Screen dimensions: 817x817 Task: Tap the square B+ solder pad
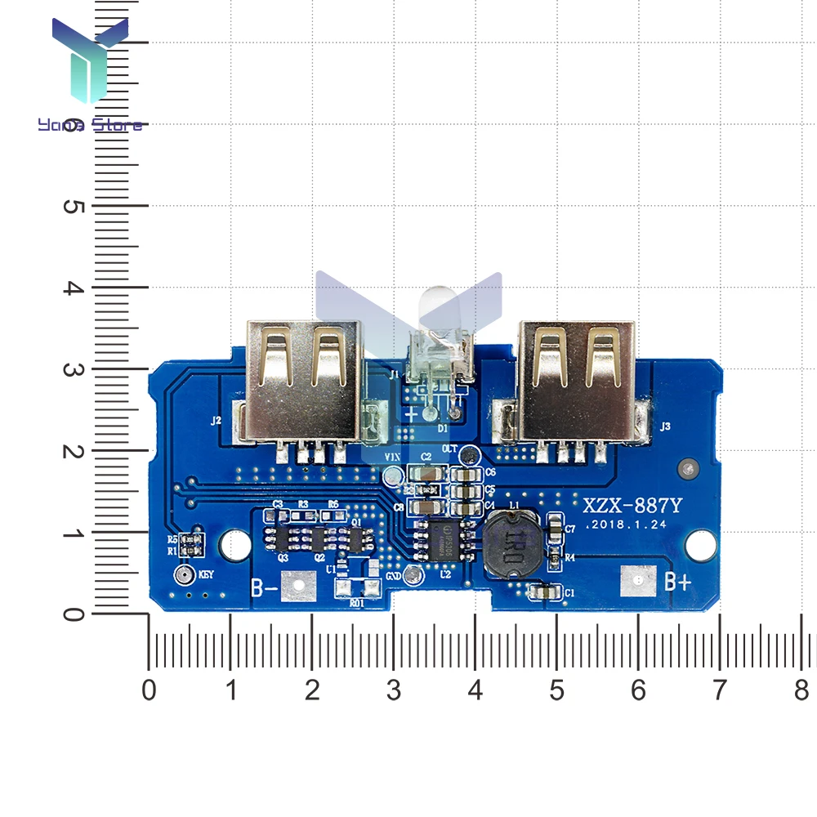coord(638,579)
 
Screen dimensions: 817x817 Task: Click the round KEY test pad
coord(184,575)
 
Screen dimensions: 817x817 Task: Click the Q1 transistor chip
coord(357,537)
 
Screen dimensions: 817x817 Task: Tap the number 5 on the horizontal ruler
coord(556,691)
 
